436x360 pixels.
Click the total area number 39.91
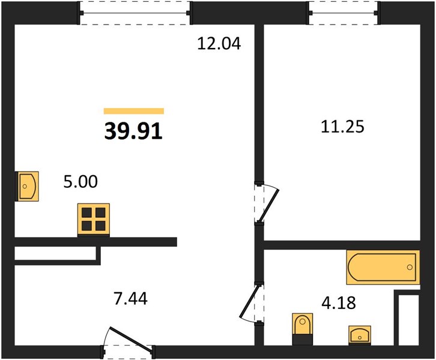(x=133, y=131)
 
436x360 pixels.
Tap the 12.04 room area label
(x=219, y=44)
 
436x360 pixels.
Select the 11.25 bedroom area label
(x=342, y=127)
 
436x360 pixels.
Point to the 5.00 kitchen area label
(x=80, y=182)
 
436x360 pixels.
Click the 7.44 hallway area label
(x=131, y=299)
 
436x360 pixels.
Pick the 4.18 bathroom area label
(x=338, y=303)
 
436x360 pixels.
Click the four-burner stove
(x=94, y=220)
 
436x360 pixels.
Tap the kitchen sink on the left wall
(x=26, y=186)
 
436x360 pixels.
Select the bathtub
(x=383, y=267)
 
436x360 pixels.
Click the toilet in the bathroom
(x=303, y=329)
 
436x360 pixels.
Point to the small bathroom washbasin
(x=360, y=335)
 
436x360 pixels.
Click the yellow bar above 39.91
(x=134, y=111)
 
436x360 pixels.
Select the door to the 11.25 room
(x=267, y=203)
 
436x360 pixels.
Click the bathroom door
(x=252, y=304)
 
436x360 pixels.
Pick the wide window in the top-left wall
(x=135, y=13)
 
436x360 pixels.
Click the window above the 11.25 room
(x=344, y=13)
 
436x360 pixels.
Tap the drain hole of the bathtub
(x=410, y=267)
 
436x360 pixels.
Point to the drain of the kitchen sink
(x=25, y=187)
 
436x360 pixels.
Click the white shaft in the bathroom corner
(x=408, y=320)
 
